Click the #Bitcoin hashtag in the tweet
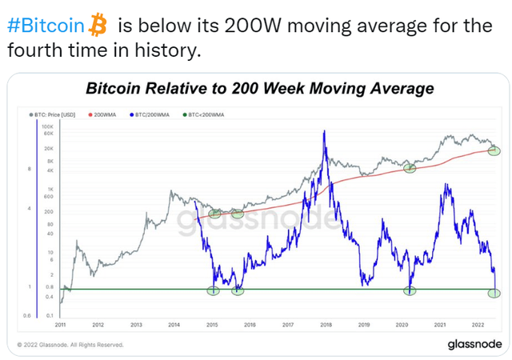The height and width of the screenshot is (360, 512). (45, 25)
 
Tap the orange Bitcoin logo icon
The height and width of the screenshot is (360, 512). (98, 25)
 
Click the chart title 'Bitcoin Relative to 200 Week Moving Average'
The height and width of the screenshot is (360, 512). (259, 88)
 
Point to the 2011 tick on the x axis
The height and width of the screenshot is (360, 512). (61, 325)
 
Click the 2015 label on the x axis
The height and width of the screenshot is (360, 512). (212, 325)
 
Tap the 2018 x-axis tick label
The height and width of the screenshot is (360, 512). (326, 325)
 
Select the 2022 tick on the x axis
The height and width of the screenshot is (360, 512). (478, 325)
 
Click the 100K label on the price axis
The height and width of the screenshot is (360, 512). (47, 127)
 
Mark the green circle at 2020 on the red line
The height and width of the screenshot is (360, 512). (410, 168)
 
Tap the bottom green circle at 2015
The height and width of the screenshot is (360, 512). (213, 290)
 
